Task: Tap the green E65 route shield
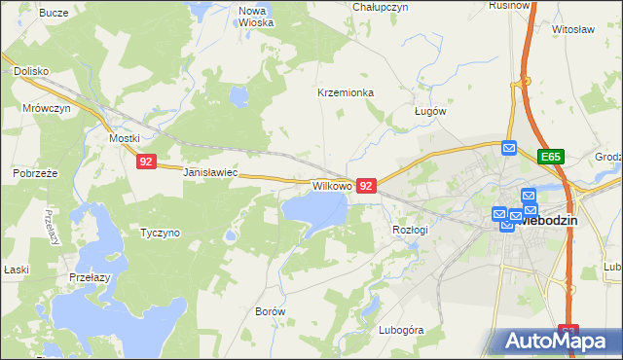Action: pyautogui.click(x=552, y=156)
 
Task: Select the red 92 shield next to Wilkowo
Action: pyautogui.click(x=366, y=185)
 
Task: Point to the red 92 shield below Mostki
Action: pyautogui.click(x=145, y=162)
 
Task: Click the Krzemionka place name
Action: pyautogui.click(x=346, y=93)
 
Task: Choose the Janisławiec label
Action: pyautogui.click(x=210, y=172)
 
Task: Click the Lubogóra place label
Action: pyautogui.click(x=402, y=330)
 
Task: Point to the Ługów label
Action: pyautogui.click(x=429, y=111)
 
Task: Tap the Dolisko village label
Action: pyautogui.click(x=31, y=71)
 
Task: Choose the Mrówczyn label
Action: pyautogui.click(x=47, y=109)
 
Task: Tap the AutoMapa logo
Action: pyautogui.click(x=555, y=341)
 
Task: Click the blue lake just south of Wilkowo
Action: pyautogui.click(x=314, y=208)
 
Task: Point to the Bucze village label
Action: pyautogui.click(x=54, y=14)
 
